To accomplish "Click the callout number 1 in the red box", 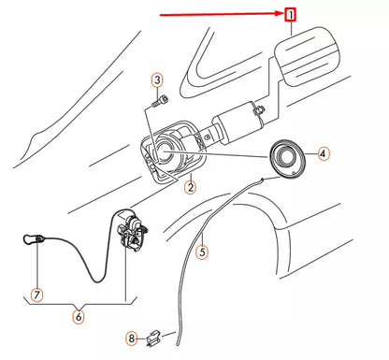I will [291, 15].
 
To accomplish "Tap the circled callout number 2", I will [190, 187].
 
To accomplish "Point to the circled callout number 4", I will [323, 153].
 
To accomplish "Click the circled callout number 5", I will [203, 251].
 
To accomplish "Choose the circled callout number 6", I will [77, 316].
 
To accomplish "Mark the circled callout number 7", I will [36, 295].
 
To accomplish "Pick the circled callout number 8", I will [133, 338].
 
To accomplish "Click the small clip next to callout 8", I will [159, 332].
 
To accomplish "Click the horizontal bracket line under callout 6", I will [77, 301].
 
